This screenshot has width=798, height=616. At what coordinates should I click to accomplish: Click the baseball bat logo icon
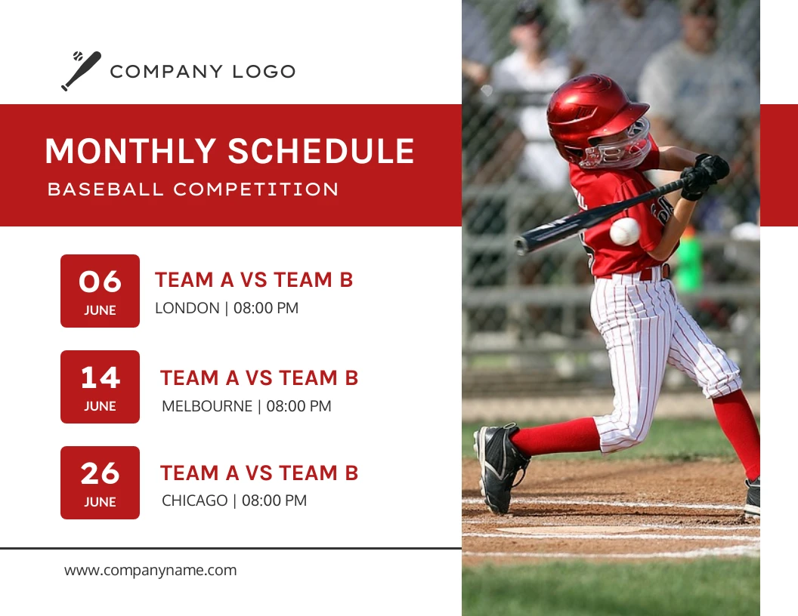81,72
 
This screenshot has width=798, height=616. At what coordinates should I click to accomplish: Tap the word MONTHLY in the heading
131,151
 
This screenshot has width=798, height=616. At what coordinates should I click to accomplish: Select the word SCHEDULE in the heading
321,151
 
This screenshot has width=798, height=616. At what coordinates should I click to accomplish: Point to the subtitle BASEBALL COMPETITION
193,189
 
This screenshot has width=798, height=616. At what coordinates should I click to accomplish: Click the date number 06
100,282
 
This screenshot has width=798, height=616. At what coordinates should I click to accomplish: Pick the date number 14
100,377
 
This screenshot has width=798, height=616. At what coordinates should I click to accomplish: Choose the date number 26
100,473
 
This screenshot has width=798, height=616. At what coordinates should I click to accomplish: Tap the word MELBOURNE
207,406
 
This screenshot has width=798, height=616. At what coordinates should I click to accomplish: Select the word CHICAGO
194,500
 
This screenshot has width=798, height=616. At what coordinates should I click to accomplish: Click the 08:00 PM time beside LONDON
265,308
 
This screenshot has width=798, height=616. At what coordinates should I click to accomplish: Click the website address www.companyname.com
150,571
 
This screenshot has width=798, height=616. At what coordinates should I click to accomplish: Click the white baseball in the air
625,232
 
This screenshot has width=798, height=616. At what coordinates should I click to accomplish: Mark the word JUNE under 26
100,502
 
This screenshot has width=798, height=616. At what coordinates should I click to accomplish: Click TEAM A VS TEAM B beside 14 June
259,377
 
